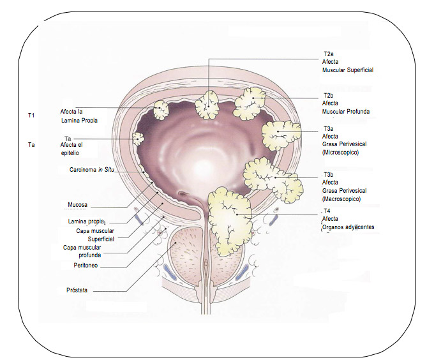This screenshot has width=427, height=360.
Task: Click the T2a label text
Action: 329,54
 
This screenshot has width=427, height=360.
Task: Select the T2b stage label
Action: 329,94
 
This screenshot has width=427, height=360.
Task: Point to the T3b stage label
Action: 329,174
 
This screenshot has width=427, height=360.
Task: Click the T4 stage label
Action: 327,211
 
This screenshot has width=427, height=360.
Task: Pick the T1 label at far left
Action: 31,115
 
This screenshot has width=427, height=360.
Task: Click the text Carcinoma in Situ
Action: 96,170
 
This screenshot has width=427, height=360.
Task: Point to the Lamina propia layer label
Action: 86,221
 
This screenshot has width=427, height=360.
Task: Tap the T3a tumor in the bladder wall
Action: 281,133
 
